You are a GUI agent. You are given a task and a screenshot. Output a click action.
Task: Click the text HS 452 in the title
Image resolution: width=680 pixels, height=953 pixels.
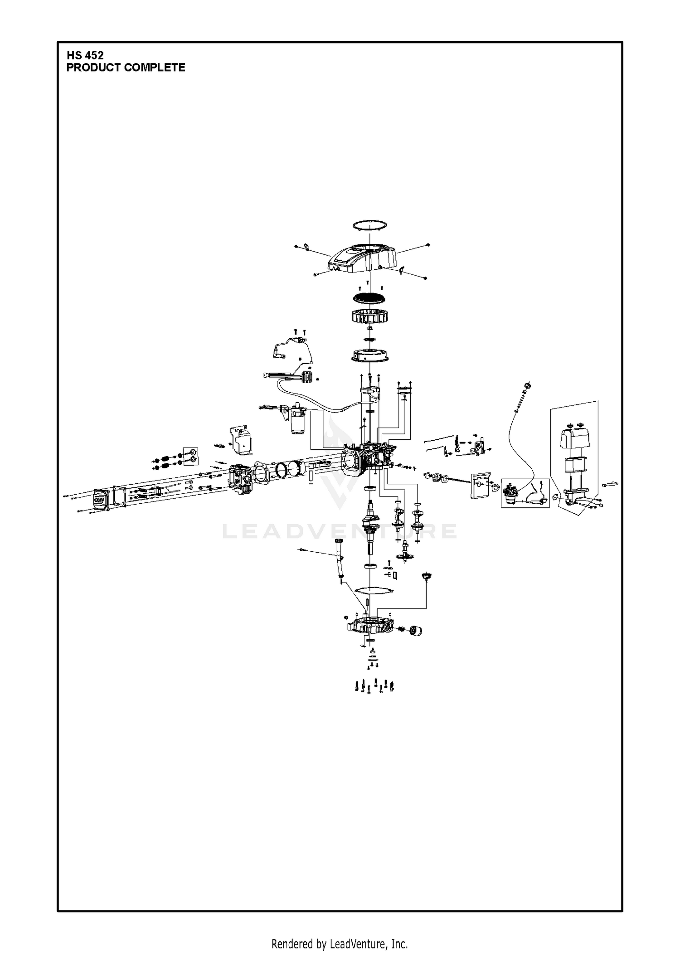(x=85, y=55)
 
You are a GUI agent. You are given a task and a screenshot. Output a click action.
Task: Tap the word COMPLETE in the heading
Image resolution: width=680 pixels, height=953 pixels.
(x=154, y=68)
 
